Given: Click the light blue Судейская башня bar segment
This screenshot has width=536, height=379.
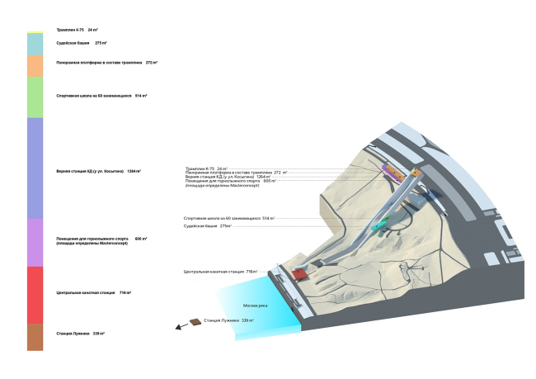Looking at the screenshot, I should pos(35,43).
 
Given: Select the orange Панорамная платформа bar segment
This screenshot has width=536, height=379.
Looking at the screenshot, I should pos(35,65).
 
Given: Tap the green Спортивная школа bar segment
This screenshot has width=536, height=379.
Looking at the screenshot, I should pos(35,97).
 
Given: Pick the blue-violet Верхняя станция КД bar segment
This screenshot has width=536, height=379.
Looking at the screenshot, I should pos(35,168).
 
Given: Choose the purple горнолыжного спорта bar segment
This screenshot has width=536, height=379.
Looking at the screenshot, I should pos(35,242).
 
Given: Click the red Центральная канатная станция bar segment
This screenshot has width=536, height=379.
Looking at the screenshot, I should pos(35,294).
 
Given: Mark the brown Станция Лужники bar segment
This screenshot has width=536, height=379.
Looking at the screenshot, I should pos(35,336).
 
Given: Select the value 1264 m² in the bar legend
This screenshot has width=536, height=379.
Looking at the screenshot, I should pos(134,171).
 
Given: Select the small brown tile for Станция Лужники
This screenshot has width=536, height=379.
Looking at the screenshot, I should pos(195,321).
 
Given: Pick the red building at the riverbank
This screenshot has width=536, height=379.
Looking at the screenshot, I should pos(299,273).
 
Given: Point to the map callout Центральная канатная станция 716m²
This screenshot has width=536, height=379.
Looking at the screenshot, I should pos(220,271).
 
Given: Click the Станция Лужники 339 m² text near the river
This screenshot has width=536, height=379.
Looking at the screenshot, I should pos(229,320).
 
